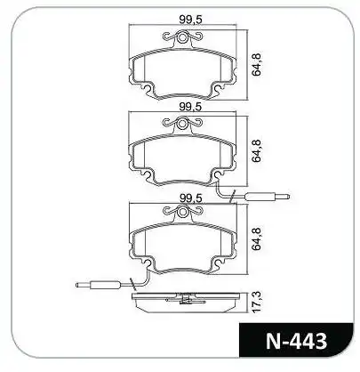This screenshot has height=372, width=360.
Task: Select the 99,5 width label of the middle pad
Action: coord(187,106)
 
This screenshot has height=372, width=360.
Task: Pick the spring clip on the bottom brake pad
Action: coord(187,212)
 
